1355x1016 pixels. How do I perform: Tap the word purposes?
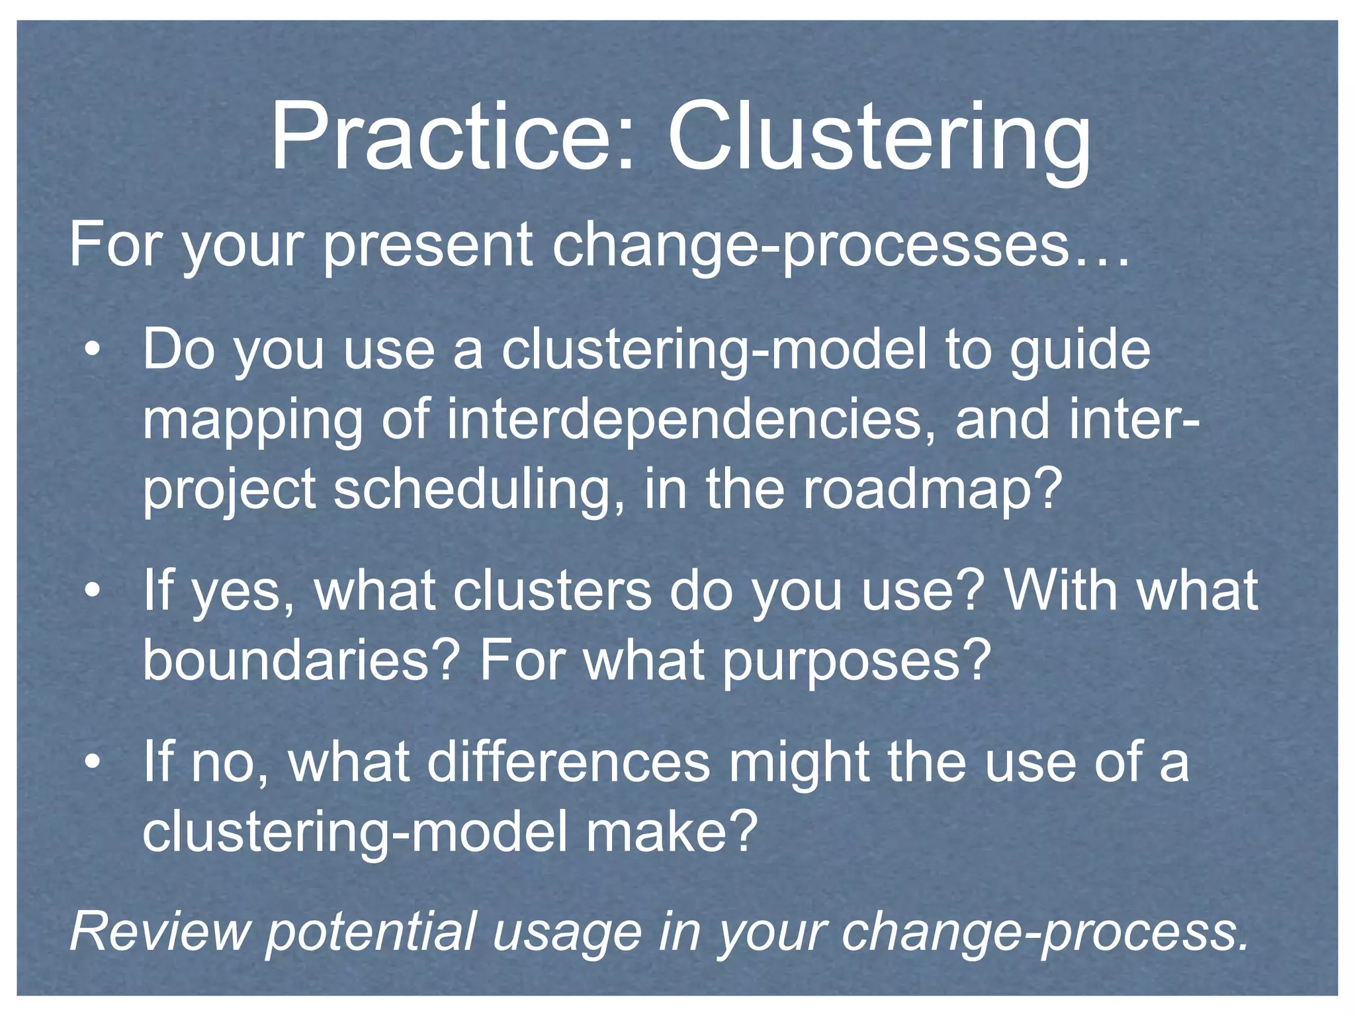[x=856, y=661]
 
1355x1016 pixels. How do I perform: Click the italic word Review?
[x=159, y=931]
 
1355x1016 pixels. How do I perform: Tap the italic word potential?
[x=371, y=931]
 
